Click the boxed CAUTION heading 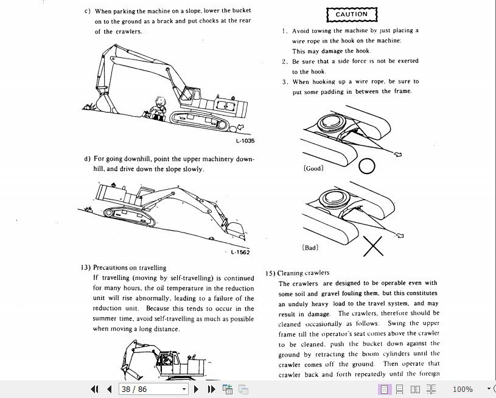(352, 14)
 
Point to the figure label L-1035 (245, 141)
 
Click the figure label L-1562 (240, 253)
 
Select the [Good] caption (313, 168)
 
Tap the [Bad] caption (310, 248)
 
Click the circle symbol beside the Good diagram (366, 166)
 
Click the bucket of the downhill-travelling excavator (235, 229)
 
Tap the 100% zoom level (463, 389)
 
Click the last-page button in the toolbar (211, 389)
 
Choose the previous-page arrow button (110, 389)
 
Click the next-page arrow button (196, 389)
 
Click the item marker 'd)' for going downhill (88, 159)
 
